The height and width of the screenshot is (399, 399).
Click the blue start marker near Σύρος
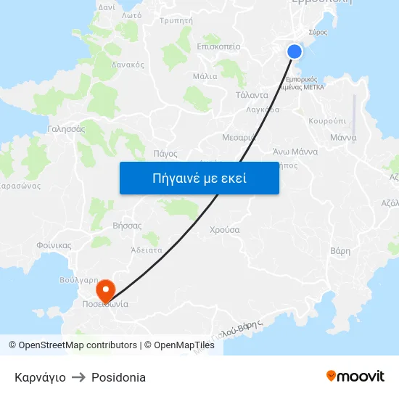295,51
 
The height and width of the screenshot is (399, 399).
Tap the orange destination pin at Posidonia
106,291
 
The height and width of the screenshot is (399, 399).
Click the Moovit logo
355,376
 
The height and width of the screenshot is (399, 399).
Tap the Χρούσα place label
225,229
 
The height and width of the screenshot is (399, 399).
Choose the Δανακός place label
128,65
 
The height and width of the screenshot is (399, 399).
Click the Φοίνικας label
54,245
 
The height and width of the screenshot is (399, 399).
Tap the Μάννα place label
342,137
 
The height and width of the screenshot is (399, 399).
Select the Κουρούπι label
327,121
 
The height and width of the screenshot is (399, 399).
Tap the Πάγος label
165,153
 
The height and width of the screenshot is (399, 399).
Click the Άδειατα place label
146,250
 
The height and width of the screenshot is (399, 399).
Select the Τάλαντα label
252,95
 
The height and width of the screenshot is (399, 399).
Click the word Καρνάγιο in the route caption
40,377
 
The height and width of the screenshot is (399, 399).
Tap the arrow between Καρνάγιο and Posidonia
78,377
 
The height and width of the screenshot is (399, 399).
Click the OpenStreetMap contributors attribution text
78,345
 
